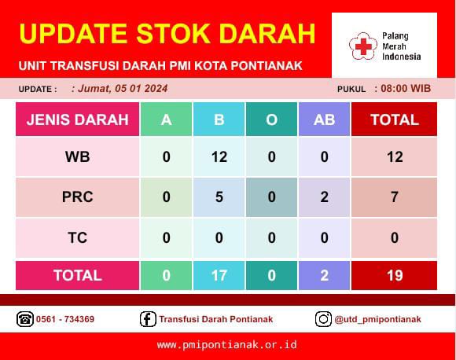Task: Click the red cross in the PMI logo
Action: [x=363, y=46]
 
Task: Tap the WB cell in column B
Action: [x=219, y=157]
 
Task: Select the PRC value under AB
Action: [x=324, y=197]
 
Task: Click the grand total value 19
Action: [x=395, y=275]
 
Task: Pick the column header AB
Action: [x=324, y=119]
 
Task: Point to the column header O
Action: [x=271, y=119]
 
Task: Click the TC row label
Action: [x=77, y=237]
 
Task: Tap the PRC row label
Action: [x=77, y=197]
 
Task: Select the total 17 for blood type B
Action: [x=219, y=275]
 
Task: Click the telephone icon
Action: [x=25, y=319]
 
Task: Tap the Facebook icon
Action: [x=148, y=319]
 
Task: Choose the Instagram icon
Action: [x=323, y=319]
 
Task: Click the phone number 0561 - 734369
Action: [x=65, y=319]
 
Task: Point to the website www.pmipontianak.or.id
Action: [x=227, y=345]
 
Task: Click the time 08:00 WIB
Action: [x=406, y=88]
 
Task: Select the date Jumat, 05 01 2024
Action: [x=123, y=88]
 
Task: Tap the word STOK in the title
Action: [x=173, y=34]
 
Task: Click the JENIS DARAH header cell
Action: [x=77, y=119]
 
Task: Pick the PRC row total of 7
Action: [x=395, y=197]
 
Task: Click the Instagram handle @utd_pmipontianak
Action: [x=377, y=319]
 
